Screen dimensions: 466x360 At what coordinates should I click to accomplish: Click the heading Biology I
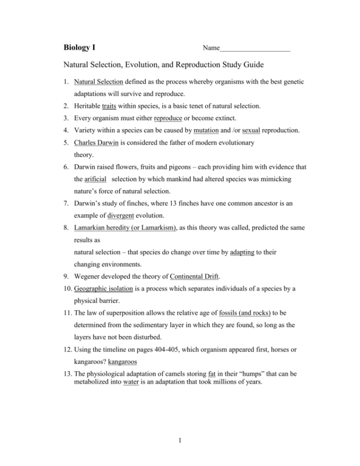pyautogui.click(x=82, y=48)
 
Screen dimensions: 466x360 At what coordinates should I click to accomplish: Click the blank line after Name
pyautogui.click(x=255, y=49)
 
